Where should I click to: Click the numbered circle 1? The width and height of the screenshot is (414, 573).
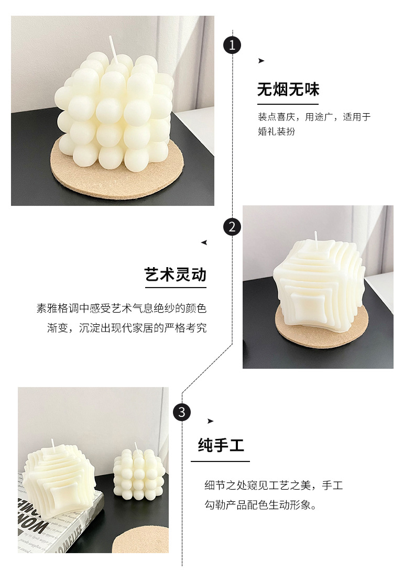pos(232,45)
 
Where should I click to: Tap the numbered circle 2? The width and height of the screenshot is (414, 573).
pos(232,227)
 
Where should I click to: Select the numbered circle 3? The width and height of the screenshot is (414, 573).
pos(182,412)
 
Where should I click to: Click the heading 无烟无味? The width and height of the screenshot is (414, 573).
pos(288,90)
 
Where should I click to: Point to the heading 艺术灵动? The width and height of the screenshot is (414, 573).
pos(176,274)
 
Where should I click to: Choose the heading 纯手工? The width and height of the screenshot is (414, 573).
pos(221,446)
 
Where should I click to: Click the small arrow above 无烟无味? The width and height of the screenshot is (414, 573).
pos(261,61)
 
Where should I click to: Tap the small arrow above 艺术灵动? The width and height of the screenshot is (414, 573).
pos(204,243)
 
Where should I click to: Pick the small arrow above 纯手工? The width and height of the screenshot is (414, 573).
pos(211,421)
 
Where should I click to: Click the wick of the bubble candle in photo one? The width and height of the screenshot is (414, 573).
pos(112,46)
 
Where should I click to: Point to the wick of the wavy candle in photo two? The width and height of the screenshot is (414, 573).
pos(316,237)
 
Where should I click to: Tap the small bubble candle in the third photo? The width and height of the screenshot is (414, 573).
pos(139,475)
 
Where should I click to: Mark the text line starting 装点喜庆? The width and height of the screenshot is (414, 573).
pos(313,117)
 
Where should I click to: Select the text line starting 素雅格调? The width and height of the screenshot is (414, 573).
pos(121,308)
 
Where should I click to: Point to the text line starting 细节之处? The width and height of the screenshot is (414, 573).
pos(273,486)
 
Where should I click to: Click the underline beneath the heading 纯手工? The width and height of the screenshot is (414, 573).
pos(220,461)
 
